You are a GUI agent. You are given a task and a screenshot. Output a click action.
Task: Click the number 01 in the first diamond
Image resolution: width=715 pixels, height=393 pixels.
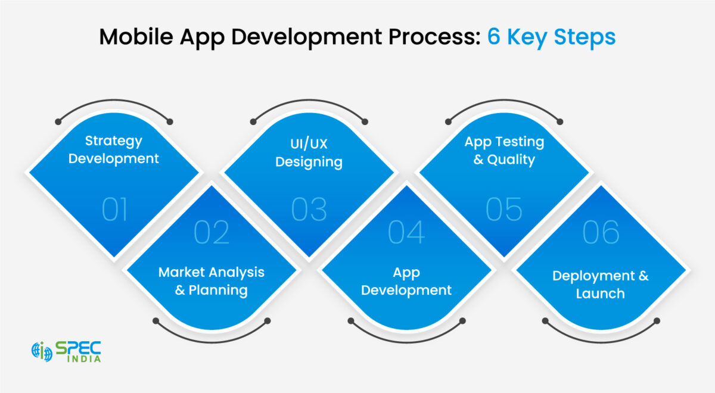114,210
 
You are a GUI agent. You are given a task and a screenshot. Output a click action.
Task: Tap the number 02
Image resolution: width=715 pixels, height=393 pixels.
212,232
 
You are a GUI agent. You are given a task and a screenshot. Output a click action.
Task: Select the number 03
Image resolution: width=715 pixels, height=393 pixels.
309,210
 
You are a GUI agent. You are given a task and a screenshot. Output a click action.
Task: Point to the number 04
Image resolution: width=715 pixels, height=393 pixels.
406,232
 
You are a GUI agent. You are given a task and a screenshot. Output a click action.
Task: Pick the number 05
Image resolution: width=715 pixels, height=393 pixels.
504,210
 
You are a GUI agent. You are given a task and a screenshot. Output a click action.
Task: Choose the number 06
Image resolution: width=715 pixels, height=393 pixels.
601,232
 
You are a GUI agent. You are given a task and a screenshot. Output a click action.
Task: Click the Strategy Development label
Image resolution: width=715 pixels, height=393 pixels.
114,150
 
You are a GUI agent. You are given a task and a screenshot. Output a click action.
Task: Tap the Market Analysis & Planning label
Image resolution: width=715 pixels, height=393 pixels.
212,282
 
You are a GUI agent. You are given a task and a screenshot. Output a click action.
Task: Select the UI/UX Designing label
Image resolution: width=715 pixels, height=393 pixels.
309,153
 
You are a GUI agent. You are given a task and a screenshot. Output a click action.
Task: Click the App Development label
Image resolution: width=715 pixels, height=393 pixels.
406,282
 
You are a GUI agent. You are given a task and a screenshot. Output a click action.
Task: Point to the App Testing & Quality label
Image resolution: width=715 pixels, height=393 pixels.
504,151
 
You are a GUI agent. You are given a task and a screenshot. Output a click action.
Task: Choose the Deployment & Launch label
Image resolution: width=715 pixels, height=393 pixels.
601,285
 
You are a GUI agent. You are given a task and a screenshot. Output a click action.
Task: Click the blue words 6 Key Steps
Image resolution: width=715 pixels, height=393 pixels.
551,37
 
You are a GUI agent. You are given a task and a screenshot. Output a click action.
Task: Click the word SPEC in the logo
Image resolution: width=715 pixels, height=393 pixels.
78,347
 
